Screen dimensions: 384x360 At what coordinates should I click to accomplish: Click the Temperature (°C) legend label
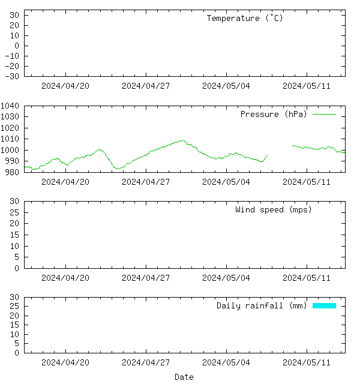(245, 18)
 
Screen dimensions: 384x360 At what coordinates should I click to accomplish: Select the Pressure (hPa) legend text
(274, 114)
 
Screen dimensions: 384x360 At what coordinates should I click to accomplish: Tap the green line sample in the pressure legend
(324, 114)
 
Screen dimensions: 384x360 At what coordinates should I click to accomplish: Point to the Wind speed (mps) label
(274, 209)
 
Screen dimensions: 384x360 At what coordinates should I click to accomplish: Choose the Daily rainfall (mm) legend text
(262, 305)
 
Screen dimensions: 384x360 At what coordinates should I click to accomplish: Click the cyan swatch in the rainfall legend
(324, 305)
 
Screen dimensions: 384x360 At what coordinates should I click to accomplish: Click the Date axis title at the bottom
(184, 377)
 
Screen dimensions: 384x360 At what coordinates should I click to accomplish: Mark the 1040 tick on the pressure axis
(11, 106)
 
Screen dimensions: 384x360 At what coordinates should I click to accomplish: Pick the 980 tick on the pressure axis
(13, 172)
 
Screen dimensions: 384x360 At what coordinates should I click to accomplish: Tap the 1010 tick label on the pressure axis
(11, 139)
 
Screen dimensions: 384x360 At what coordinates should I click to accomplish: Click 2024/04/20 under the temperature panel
(65, 86)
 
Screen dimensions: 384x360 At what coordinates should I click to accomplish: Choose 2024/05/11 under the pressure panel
(307, 182)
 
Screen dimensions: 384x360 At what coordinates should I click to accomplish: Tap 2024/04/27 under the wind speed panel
(146, 278)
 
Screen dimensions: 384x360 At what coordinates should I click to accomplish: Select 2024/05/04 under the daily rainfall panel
(226, 362)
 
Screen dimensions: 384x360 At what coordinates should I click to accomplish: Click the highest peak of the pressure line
(182, 140)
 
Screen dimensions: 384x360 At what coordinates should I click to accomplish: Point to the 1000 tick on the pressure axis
(11, 150)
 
